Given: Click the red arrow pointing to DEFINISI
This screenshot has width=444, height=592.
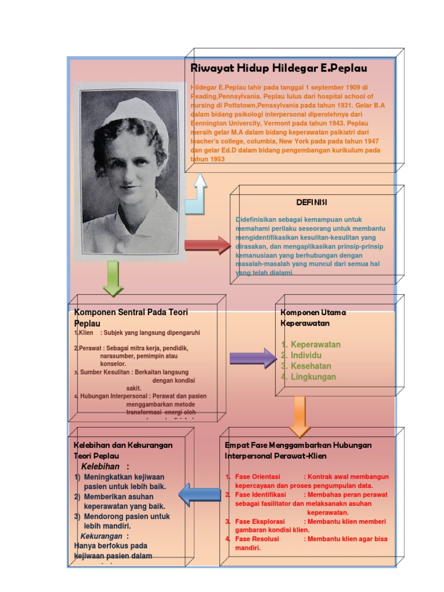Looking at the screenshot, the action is (x=207, y=245).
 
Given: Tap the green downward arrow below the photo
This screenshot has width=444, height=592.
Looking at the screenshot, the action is (x=113, y=278).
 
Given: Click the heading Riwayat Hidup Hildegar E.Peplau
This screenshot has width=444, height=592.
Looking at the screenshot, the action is (x=279, y=68).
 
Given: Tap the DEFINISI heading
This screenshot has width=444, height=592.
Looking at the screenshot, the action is (x=312, y=202).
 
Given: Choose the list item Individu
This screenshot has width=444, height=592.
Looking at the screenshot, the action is (x=306, y=355).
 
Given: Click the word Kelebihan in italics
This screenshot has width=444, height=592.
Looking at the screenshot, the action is (x=101, y=467).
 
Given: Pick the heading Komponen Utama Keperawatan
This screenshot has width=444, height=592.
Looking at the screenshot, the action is (x=313, y=317).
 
